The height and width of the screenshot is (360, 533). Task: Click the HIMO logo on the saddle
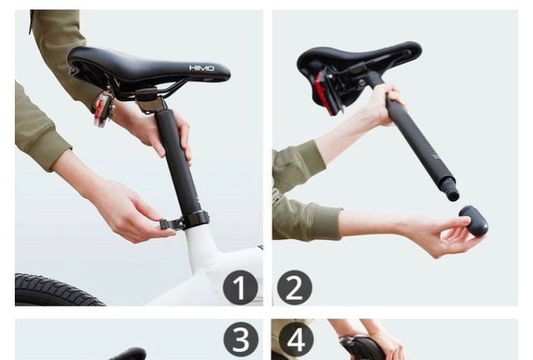click(x=201, y=68)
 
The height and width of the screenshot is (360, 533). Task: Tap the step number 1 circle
click(x=241, y=288)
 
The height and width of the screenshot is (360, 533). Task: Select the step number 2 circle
click(x=295, y=288)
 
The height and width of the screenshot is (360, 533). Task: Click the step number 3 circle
click(x=241, y=339)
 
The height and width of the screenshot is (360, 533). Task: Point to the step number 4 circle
click(x=296, y=339)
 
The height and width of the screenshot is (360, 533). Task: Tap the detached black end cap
click(x=474, y=219)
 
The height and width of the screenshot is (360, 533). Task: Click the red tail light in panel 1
click(x=104, y=109)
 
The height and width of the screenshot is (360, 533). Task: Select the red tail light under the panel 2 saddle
click(x=322, y=93)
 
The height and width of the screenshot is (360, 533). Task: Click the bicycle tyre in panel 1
click(x=58, y=289)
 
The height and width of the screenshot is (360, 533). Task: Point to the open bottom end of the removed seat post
click(x=453, y=196)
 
